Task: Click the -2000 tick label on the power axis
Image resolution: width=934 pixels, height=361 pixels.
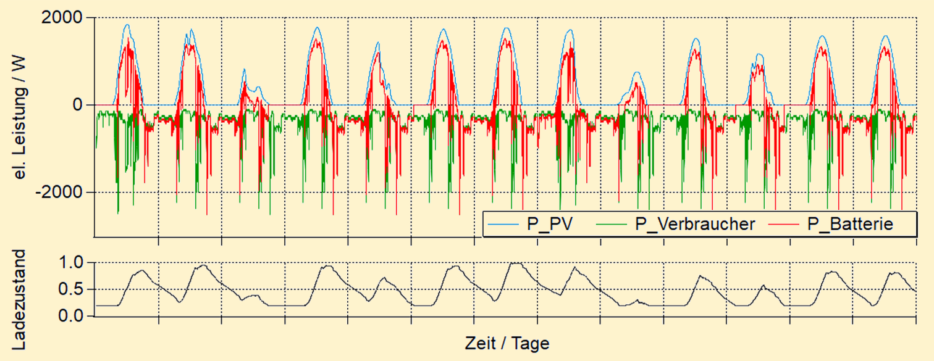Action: (x=60, y=192)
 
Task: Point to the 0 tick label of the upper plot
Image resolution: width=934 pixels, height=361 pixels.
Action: (x=78, y=105)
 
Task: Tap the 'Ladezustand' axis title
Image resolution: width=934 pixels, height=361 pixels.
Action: (x=21, y=300)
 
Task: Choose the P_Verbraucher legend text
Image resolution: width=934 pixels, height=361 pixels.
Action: (x=695, y=224)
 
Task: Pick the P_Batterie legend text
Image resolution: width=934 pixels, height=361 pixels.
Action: (x=851, y=224)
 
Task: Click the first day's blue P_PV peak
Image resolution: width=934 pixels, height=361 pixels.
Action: (x=127, y=25)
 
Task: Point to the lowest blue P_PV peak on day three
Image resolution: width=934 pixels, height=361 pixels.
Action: (x=244, y=69)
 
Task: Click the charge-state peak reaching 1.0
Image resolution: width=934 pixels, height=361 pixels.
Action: (x=514, y=263)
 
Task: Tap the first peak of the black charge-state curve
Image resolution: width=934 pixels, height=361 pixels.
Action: (x=141, y=270)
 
